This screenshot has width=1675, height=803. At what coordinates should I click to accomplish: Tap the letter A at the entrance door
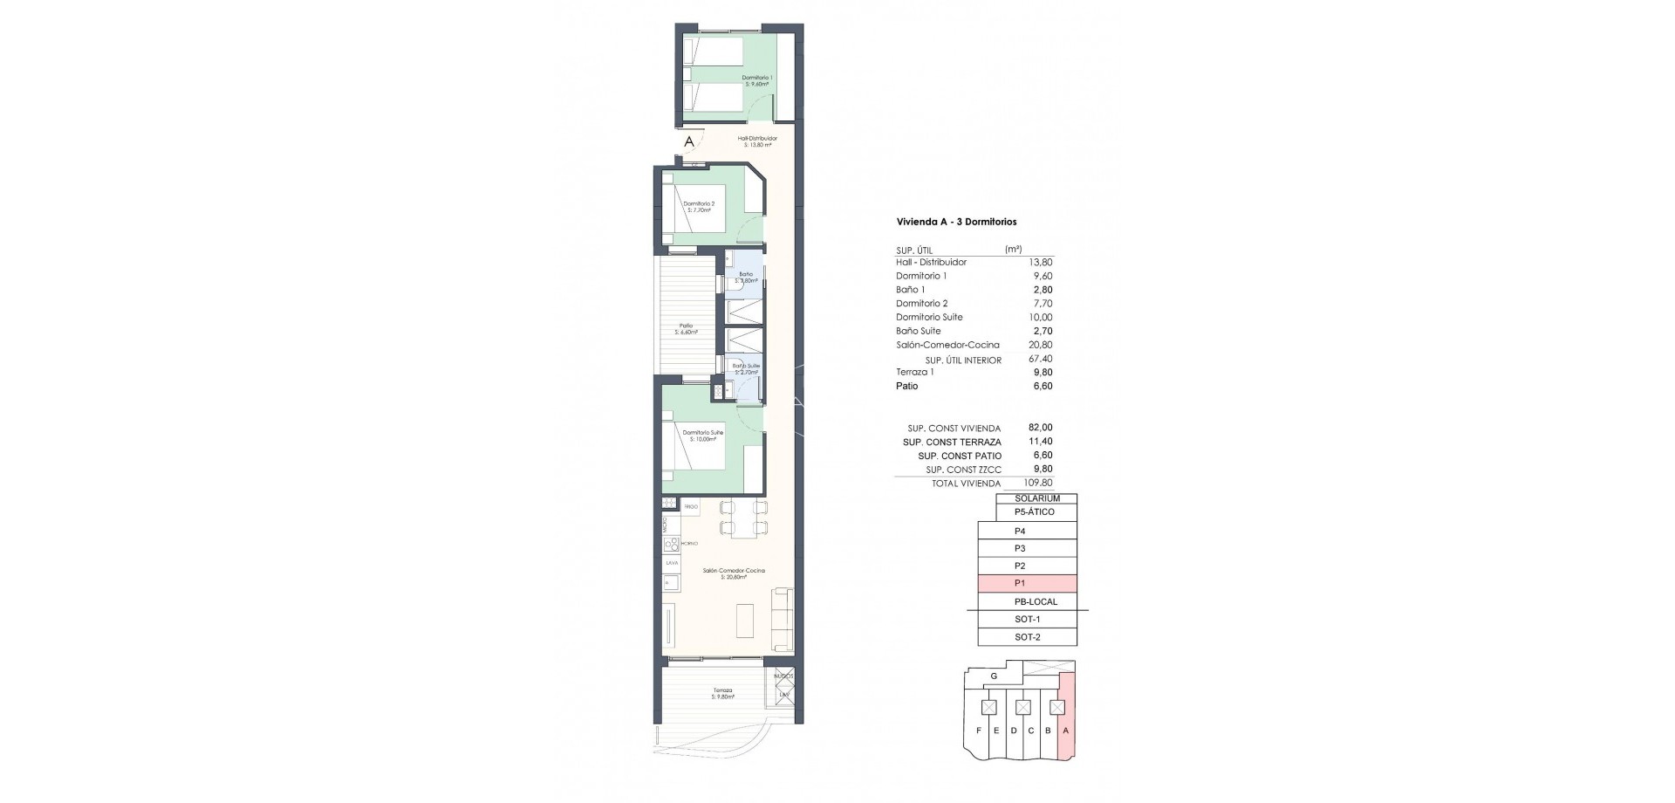click(x=689, y=141)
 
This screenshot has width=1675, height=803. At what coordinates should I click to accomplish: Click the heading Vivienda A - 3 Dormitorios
click(x=956, y=223)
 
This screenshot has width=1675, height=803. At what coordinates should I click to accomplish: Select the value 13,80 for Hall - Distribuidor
click(x=1042, y=262)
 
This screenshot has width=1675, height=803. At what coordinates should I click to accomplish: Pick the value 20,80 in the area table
click(x=1042, y=345)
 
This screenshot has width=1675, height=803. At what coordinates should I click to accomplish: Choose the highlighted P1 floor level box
click(x=1027, y=584)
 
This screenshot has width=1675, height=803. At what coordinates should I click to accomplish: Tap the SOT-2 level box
click(x=1027, y=637)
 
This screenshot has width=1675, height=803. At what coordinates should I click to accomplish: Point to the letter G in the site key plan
click(x=994, y=676)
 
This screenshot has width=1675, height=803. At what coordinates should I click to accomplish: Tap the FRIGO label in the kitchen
click(x=691, y=506)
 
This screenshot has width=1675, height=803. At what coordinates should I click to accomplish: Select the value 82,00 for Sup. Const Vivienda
click(x=1041, y=428)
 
